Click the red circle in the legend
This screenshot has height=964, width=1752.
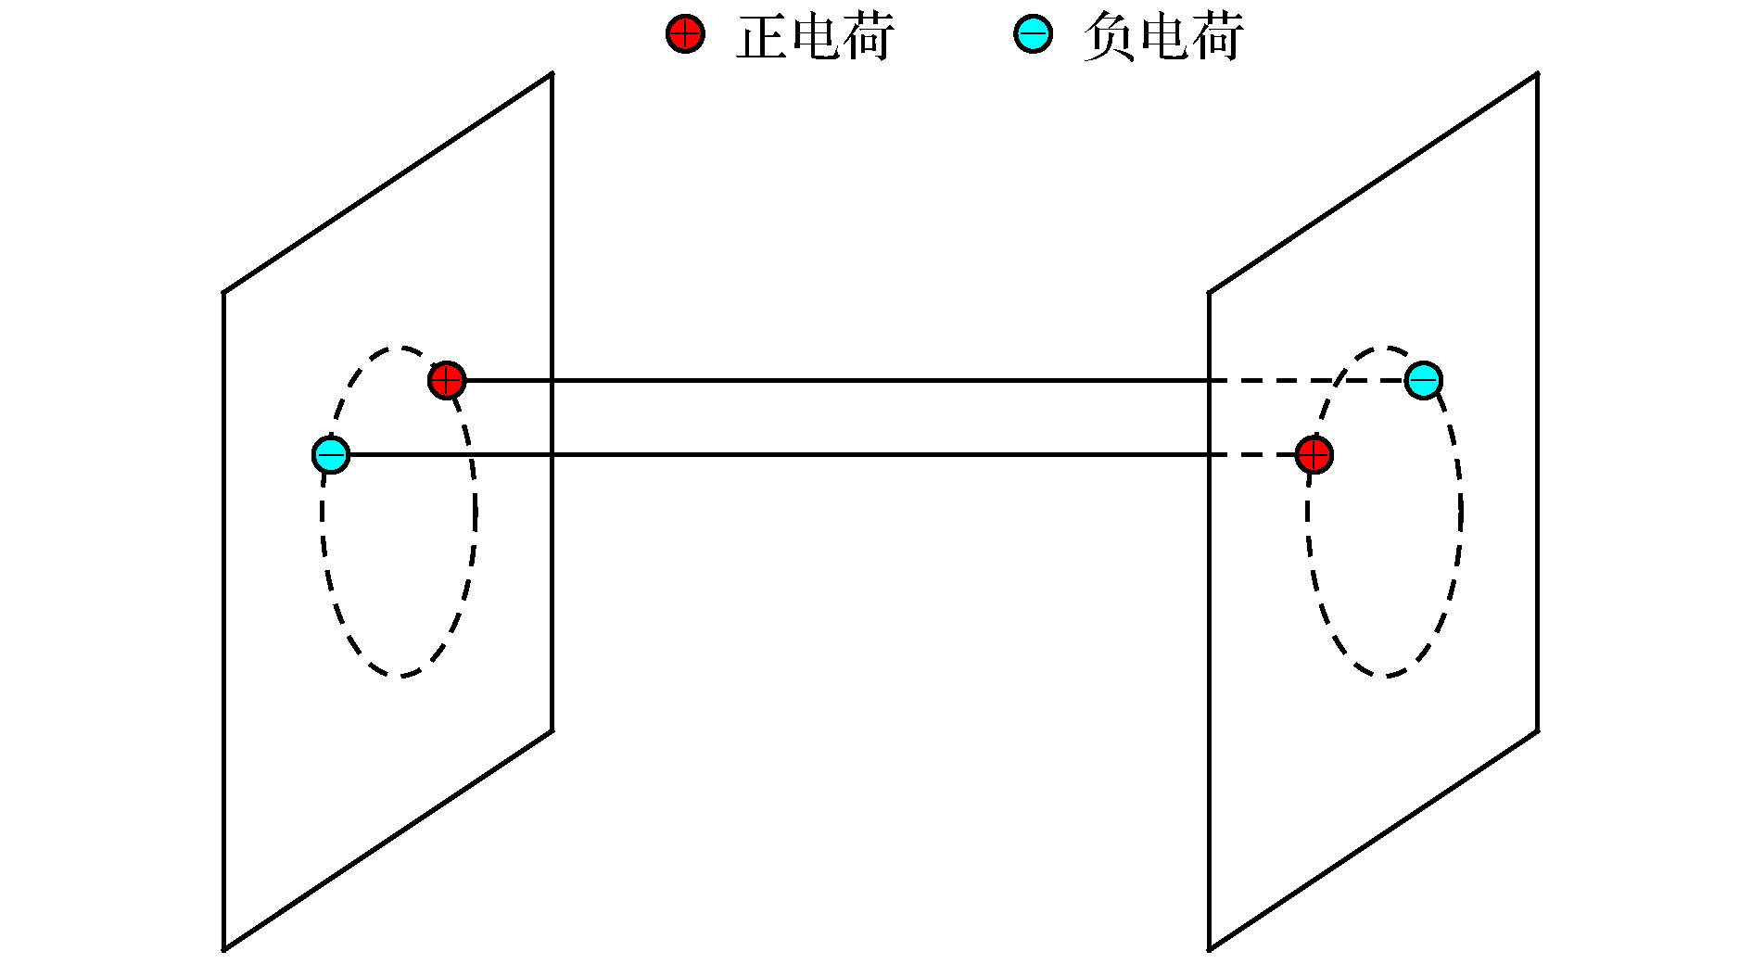click(685, 34)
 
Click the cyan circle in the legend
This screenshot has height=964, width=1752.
click(1033, 34)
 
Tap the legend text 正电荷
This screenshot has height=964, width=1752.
click(815, 37)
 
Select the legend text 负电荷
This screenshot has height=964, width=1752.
click(1162, 37)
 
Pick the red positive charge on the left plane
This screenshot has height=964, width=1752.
click(447, 380)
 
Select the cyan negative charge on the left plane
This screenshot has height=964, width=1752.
click(331, 455)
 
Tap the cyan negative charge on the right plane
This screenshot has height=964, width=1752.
click(1423, 380)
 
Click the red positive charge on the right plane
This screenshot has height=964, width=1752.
click(1314, 455)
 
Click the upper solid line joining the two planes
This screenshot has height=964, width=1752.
click(834, 380)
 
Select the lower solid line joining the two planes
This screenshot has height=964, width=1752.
click(834, 455)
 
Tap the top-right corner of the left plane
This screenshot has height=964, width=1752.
click(552, 73)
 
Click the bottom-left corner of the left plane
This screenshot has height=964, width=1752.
click(223, 949)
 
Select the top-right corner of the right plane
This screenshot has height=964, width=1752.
click(1538, 73)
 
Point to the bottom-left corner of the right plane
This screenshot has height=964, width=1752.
click(1209, 949)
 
